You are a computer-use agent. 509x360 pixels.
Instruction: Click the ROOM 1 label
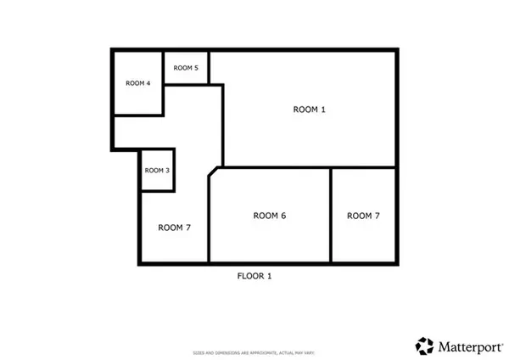tap(309, 109)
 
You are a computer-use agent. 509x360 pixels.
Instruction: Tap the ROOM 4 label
tap(137, 83)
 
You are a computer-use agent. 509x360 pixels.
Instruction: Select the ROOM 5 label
tap(186, 68)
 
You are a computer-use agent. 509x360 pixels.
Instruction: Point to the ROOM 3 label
tap(157, 171)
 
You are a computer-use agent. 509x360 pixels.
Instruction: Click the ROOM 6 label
tap(270, 216)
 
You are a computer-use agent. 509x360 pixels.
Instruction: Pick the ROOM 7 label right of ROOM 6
tap(363, 216)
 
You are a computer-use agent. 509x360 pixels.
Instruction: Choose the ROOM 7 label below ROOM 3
tap(174, 227)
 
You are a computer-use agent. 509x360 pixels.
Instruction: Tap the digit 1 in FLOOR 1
tap(269, 276)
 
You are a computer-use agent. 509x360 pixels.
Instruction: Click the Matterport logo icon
tap(424, 345)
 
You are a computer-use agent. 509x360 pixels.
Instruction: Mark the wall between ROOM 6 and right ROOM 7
tap(331, 216)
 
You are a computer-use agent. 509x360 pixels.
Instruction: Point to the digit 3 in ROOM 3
tap(168, 171)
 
